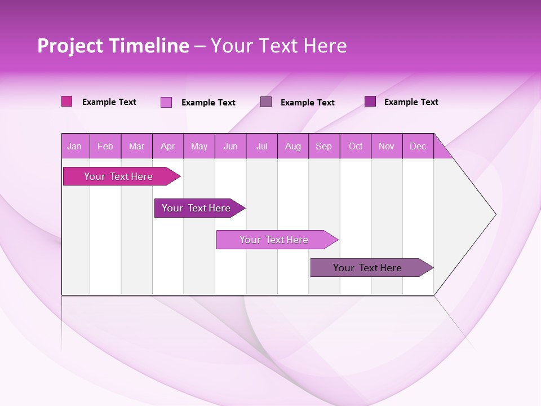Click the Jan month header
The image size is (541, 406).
pos(74,147)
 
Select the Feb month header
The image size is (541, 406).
pos(105,147)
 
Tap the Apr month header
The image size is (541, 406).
pos(168,147)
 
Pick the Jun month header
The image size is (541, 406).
pos(230,147)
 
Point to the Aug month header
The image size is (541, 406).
pos(293,147)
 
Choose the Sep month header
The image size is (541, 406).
pos(324,147)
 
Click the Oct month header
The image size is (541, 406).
pos(356,147)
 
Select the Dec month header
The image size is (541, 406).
pos(418,147)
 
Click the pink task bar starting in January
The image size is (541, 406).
pos(119,176)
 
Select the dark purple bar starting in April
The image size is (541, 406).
pos(197,208)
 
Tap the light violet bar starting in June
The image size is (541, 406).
pos(274,240)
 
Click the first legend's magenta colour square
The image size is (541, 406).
pos(67,101)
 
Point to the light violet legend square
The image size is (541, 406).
pos(166,102)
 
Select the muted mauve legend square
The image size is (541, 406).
pos(266,102)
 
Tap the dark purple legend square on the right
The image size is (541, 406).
pos(370,101)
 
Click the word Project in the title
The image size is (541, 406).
pos(70,46)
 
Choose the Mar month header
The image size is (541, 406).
pos(136,147)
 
